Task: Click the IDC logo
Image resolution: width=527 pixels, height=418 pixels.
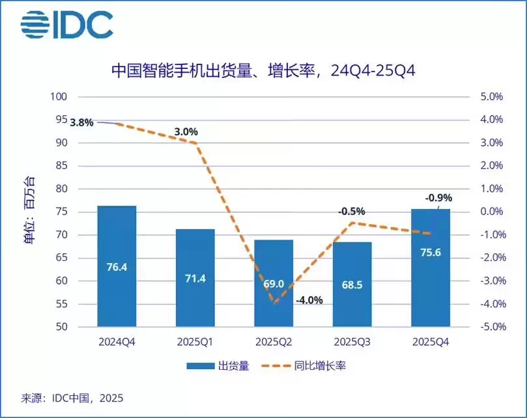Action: (66, 24)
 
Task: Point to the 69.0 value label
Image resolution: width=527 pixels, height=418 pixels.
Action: (273, 285)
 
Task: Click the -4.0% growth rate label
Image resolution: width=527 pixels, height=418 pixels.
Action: (309, 300)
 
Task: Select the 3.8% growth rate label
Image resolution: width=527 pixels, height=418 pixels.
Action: (82, 122)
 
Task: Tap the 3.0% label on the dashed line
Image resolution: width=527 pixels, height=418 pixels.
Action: (186, 132)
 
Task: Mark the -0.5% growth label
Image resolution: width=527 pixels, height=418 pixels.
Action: (351, 212)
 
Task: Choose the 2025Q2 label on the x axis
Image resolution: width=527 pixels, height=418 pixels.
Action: (273, 341)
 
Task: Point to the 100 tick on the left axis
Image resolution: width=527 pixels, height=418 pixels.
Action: (59, 97)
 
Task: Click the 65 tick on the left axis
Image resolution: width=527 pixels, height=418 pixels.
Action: (62, 258)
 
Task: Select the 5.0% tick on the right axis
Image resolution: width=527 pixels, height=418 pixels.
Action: (492, 97)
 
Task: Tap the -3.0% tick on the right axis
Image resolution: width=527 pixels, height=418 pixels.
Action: (491, 281)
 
